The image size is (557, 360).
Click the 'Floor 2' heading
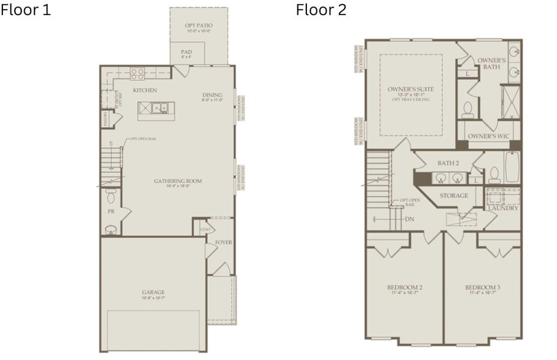click(x=321, y=10)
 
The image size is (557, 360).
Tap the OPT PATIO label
click(x=198, y=25)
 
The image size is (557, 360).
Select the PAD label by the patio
click(x=186, y=52)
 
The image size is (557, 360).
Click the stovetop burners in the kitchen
click(x=137, y=74)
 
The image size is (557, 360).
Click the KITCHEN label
click(x=144, y=90)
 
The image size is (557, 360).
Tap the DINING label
click(x=212, y=95)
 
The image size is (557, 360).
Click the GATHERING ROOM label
click(x=177, y=181)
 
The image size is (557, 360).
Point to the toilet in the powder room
click(x=110, y=196)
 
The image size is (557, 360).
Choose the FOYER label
click(x=223, y=242)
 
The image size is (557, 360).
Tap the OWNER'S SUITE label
click(x=410, y=89)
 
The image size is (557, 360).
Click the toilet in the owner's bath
click(x=468, y=109)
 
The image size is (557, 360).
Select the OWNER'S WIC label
click(x=488, y=136)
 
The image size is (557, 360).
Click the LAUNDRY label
click(x=502, y=208)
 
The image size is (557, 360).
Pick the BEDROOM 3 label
click(x=483, y=287)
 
